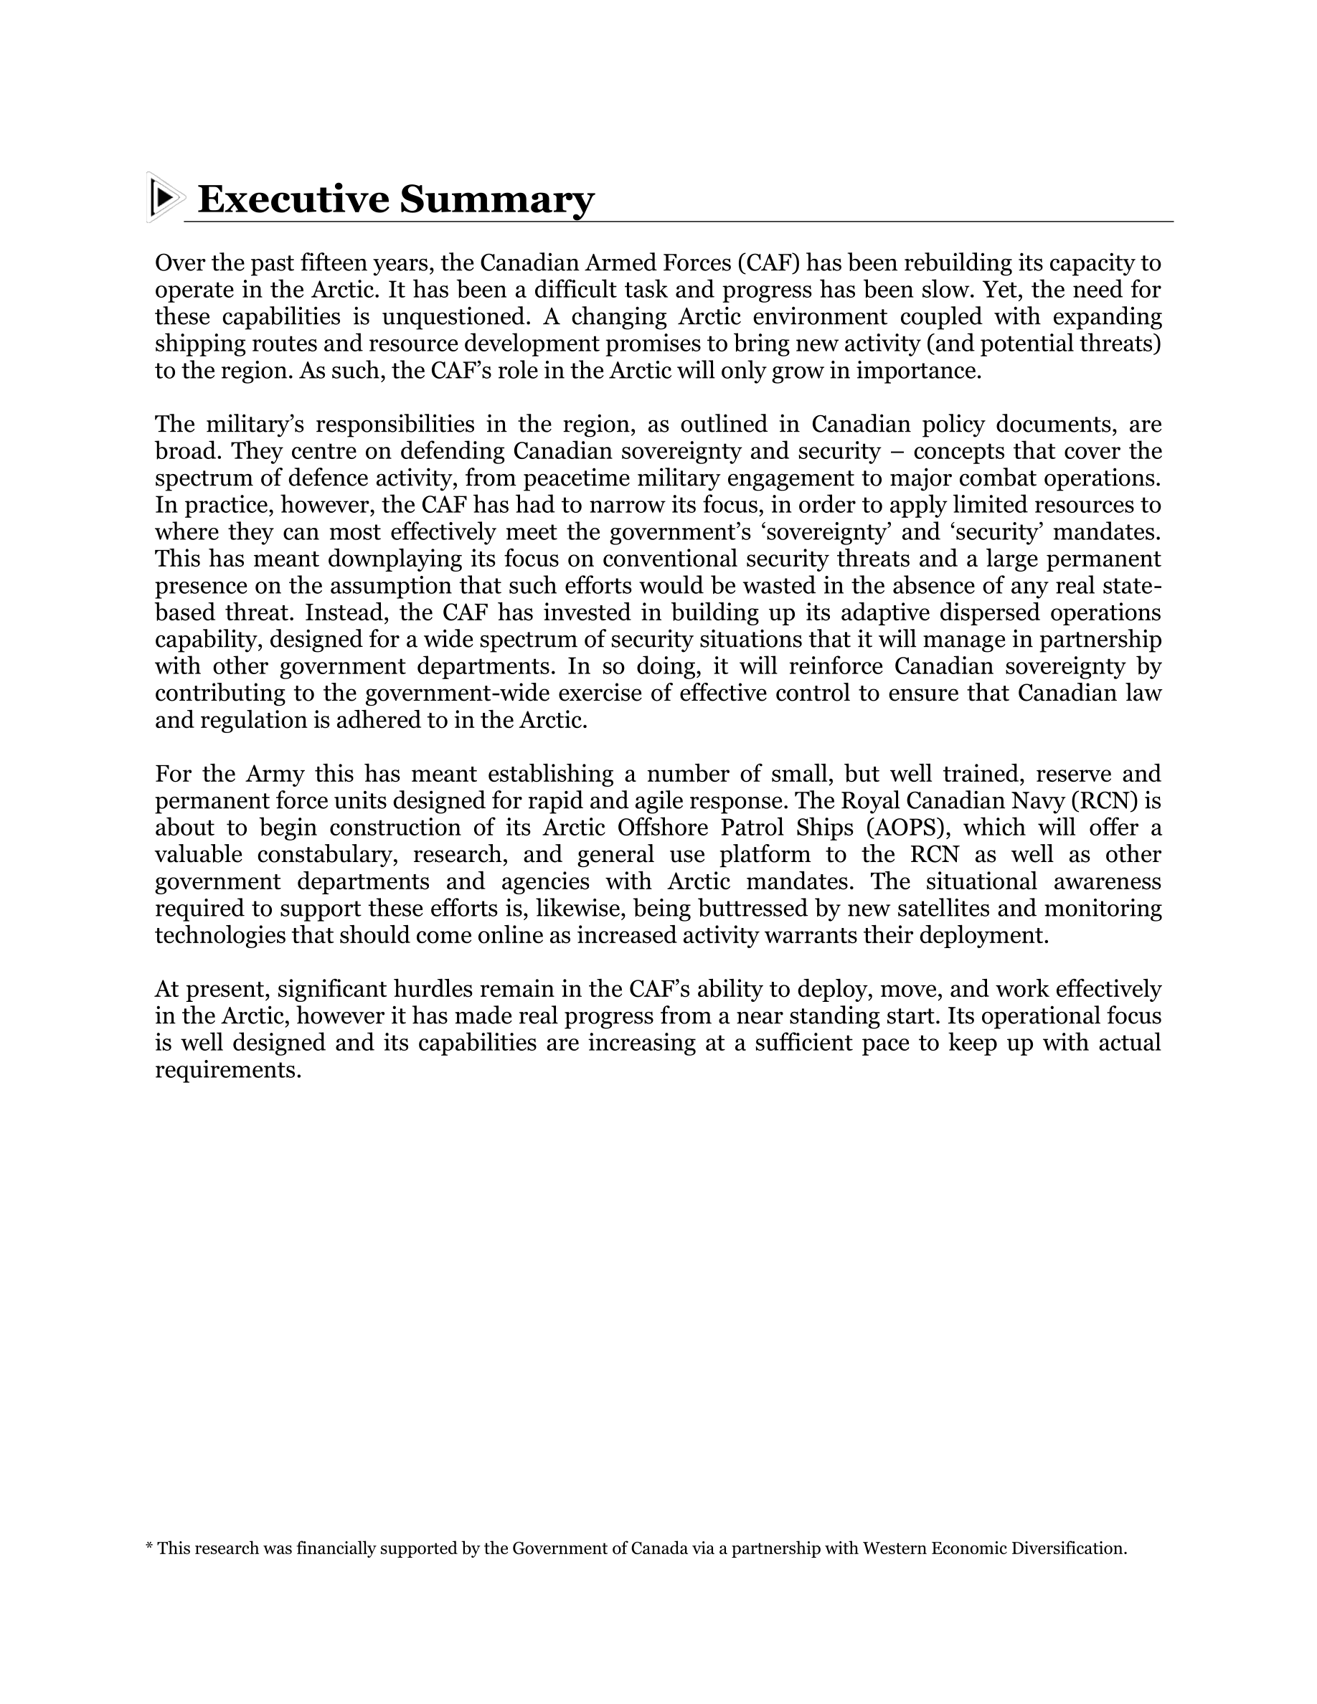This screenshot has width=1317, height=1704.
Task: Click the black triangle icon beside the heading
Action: click(x=163, y=197)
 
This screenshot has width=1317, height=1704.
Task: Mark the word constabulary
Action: click(x=323, y=855)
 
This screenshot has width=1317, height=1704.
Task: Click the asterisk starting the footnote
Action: click(x=150, y=1548)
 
